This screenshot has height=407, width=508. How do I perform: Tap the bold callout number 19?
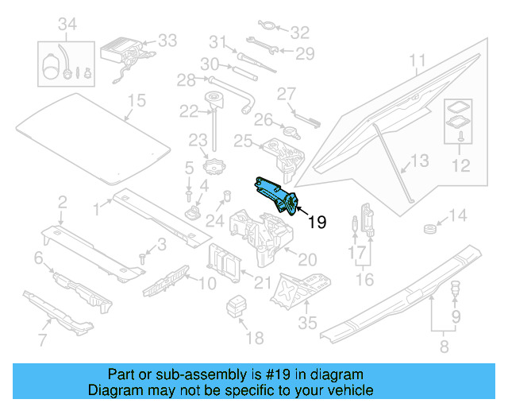coord(316,223)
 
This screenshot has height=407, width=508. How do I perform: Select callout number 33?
coord(167,40)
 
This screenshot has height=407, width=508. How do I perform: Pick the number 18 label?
coord(254,338)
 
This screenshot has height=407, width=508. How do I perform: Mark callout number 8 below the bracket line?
coord(443,347)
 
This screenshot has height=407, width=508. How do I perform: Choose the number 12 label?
coord(461,166)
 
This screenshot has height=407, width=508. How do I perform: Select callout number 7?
coord(42,342)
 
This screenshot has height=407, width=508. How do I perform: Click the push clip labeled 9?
coord(456,289)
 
